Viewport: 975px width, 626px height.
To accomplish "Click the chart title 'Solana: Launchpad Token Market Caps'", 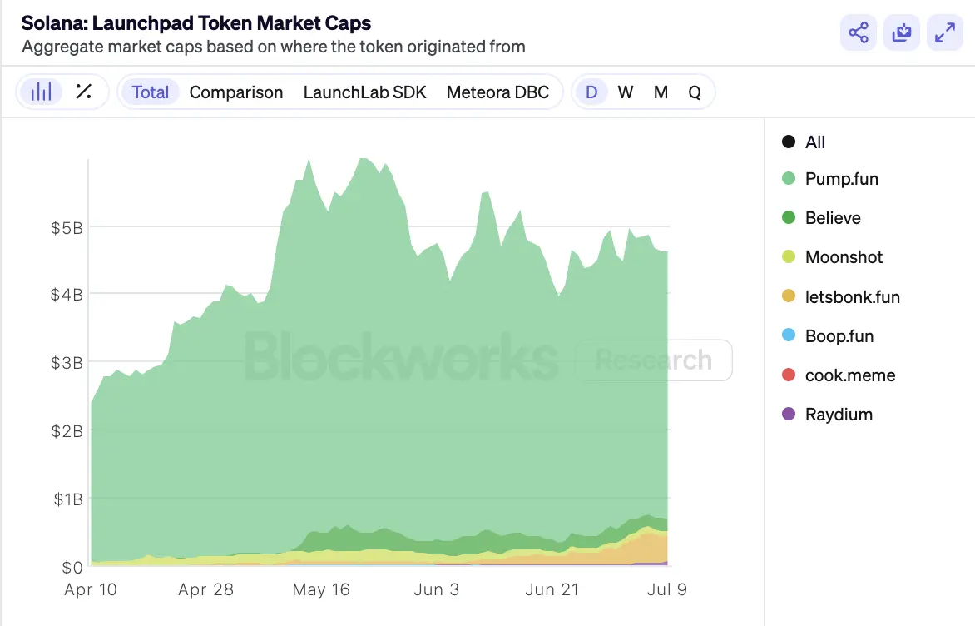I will tap(196, 22).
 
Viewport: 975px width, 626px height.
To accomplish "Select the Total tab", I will tap(151, 92).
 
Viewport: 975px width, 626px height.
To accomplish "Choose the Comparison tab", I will tap(236, 92).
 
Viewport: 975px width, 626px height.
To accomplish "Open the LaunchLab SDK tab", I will tap(364, 92).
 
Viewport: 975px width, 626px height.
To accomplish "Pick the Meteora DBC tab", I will tap(497, 92).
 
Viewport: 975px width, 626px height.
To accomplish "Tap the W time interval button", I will tap(626, 92).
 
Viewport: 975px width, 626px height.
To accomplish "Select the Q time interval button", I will tap(695, 92).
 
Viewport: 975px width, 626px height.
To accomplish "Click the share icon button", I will tap(859, 33).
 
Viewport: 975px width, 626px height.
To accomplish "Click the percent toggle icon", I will tap(83, 92).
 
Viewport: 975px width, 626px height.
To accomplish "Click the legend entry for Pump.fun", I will tap(841, 179).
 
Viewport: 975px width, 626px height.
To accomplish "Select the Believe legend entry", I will tap(832, 218).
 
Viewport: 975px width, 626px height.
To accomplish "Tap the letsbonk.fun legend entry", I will tap(852, 297).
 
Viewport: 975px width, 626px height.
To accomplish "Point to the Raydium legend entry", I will tap(839, 415).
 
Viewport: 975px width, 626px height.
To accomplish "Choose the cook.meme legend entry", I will tap(849, 375).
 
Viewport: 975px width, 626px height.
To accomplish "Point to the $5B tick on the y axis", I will tap(67, 226).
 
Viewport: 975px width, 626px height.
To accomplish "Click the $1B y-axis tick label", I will tap(67, 499).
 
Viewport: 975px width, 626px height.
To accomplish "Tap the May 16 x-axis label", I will tap(321, 589).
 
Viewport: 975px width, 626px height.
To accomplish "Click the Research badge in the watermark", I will tap(654, 360).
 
